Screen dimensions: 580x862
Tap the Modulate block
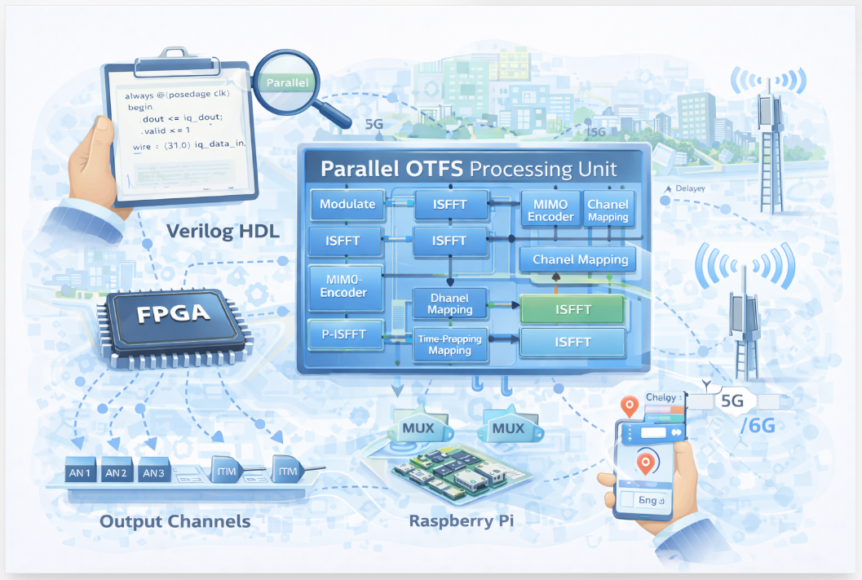(x=347, y=204)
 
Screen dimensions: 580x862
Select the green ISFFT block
(x=572, y=309)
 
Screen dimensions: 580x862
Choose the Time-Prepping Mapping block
(x=449, y=344)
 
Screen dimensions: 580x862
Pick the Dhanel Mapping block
(x=449, y=303)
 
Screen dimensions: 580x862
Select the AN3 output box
(x=154, y=472)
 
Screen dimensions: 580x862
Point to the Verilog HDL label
(x=223, y=232)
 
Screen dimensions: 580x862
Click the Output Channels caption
(x=175, y=521)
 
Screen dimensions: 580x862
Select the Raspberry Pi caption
(x=462, y=521)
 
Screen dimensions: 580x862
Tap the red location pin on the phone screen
(x=646, y=463)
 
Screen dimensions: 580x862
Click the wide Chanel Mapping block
(x=580, y=260)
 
